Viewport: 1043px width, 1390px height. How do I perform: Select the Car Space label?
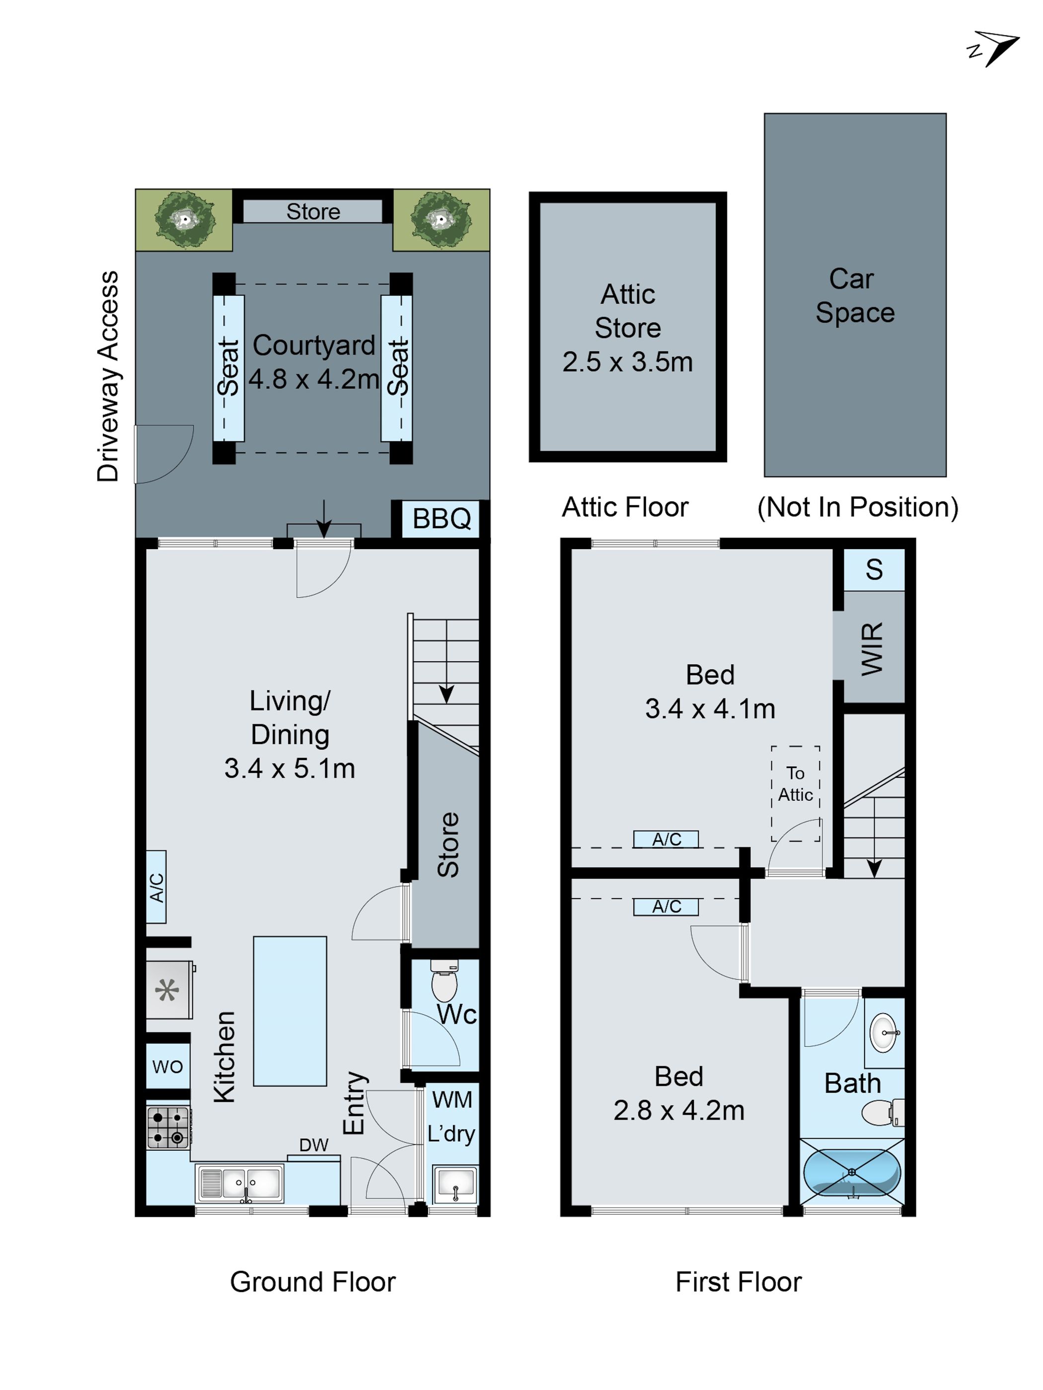coord(854,295)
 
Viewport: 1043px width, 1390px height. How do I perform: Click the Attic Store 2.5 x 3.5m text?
coord(627,328)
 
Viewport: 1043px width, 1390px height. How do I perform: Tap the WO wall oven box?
coord(167,1066)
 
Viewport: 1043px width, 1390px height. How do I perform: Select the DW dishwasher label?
coord(314,1145)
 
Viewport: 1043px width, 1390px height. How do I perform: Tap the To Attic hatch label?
coord(795,784)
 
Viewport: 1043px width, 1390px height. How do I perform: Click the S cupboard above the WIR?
coord(873,569)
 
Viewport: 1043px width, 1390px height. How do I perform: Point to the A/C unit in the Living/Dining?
coord(156,887)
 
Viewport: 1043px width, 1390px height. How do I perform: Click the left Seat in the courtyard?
coord(228,368)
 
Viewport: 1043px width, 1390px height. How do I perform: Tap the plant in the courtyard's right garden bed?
coord(441,219)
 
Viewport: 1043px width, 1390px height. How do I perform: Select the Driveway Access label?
coord(108,377)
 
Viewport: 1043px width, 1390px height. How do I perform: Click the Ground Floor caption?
coord(312,1282)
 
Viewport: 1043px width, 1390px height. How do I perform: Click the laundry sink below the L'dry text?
coord(455,1185)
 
